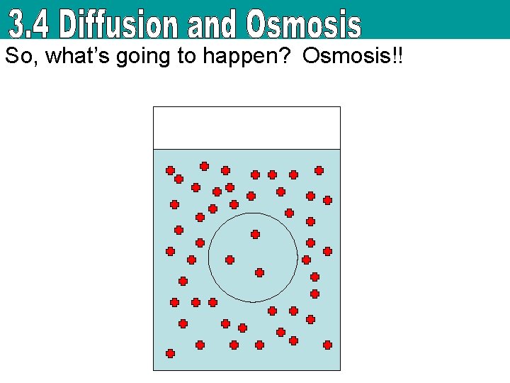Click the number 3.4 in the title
pos(31,25)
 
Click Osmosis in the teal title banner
pos(304,25)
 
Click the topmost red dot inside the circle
pos(255,234)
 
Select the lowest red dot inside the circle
pos(259,272)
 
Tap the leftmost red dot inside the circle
pos(229,260)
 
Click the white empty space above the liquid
pos(246,128)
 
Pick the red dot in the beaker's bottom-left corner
pos(170,353)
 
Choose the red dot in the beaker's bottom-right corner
pos(327,345)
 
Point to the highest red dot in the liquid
pos(204,166)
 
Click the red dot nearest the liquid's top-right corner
pos(319,170)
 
